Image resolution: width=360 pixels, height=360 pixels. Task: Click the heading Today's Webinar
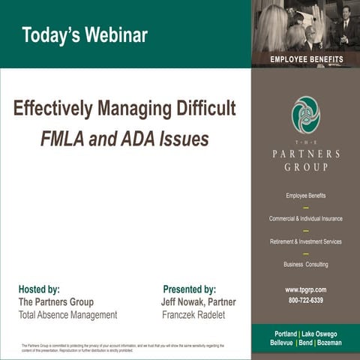(x=84, y=34)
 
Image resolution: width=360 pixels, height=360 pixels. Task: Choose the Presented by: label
(x=189, y=289)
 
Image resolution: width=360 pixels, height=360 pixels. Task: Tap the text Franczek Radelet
(x=193, y=315)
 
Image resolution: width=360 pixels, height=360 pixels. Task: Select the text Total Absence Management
(x=67, y=315)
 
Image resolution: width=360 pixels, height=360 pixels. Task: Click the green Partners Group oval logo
(x=305, y=115)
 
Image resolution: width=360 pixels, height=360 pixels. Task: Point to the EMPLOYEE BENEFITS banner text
(x=306, y=59)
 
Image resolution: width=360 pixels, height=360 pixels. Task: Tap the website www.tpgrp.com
(x=305, y=289)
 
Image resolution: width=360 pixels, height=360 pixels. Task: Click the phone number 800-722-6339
(x=305, y=300)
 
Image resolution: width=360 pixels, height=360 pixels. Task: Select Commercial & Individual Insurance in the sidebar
(x=305, y=218)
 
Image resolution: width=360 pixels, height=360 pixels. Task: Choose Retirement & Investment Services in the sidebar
(x=305, y=241)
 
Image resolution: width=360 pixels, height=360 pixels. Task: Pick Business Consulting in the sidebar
(x=305, y=264)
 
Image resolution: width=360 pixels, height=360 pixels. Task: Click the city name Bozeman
(x=328, y=343)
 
